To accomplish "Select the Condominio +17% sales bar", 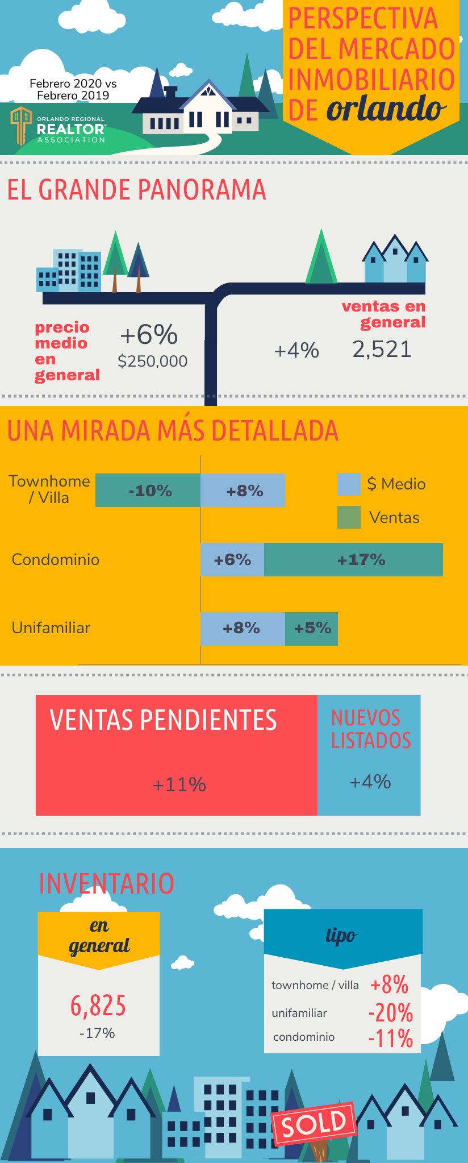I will (353, 560).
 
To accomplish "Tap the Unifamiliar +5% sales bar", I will (311, 628).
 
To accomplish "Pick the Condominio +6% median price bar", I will (232, 560).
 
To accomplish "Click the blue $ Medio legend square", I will (349, 484).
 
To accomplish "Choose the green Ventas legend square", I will (349, 517).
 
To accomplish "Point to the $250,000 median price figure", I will (152, 361).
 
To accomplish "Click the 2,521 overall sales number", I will (382, 349).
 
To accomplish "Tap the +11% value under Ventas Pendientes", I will (179, 784).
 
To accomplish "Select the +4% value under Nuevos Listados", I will (370, 782).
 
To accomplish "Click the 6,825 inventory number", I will (98, 1006).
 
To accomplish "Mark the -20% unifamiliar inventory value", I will (391, 1012).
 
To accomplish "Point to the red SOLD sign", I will (314, 1123).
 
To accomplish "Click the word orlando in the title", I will (386, 108).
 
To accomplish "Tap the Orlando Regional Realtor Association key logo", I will (21, 124).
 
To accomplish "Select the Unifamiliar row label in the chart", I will (51, 628).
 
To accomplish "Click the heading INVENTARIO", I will (106, 883).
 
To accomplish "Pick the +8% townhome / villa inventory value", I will (390, 985).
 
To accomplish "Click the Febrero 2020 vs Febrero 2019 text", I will (73, 89).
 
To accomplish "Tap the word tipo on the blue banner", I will (341, 935).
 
